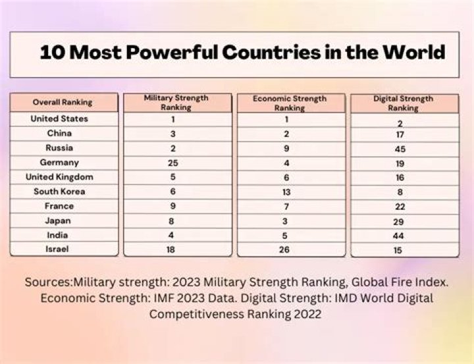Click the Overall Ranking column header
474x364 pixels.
[63, 103]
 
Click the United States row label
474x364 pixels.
[59, 119]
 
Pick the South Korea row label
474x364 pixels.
[60, 192]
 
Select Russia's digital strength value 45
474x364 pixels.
[400, 149]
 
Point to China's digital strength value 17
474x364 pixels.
[400, 135]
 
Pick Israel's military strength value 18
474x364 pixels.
[171, 249]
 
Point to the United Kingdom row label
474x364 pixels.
[59, 177]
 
